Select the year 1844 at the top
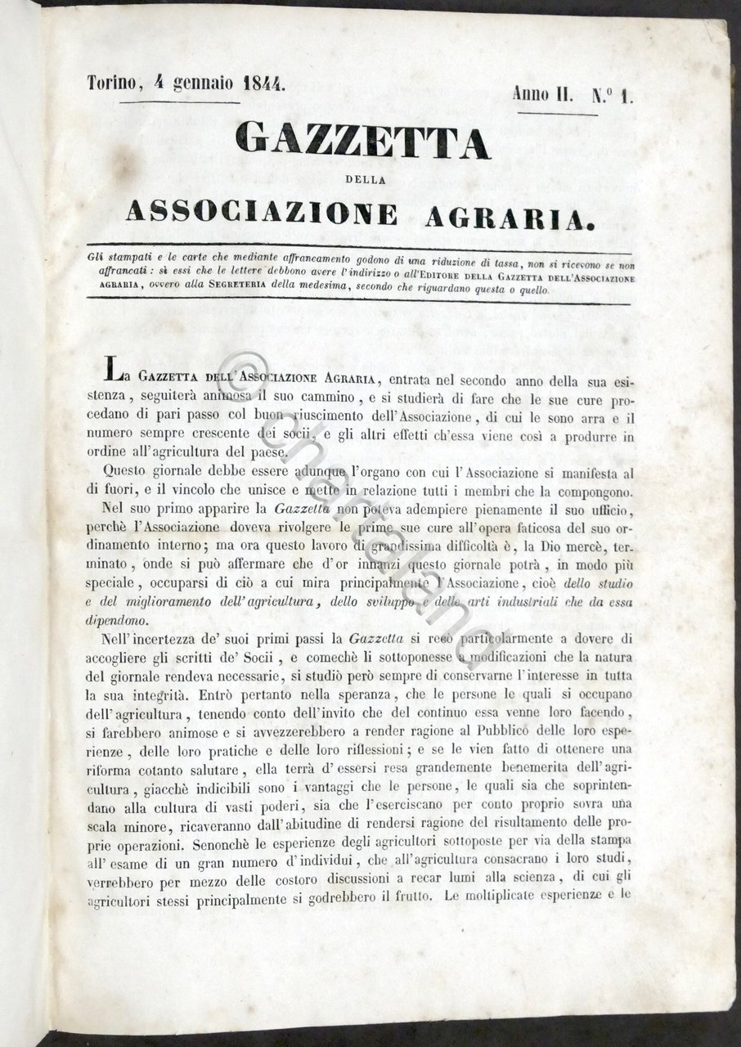tap(258, 83)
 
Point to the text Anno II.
tap(541, 93)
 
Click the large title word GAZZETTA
tap(362, 142)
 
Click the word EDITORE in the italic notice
tap(412, 277)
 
